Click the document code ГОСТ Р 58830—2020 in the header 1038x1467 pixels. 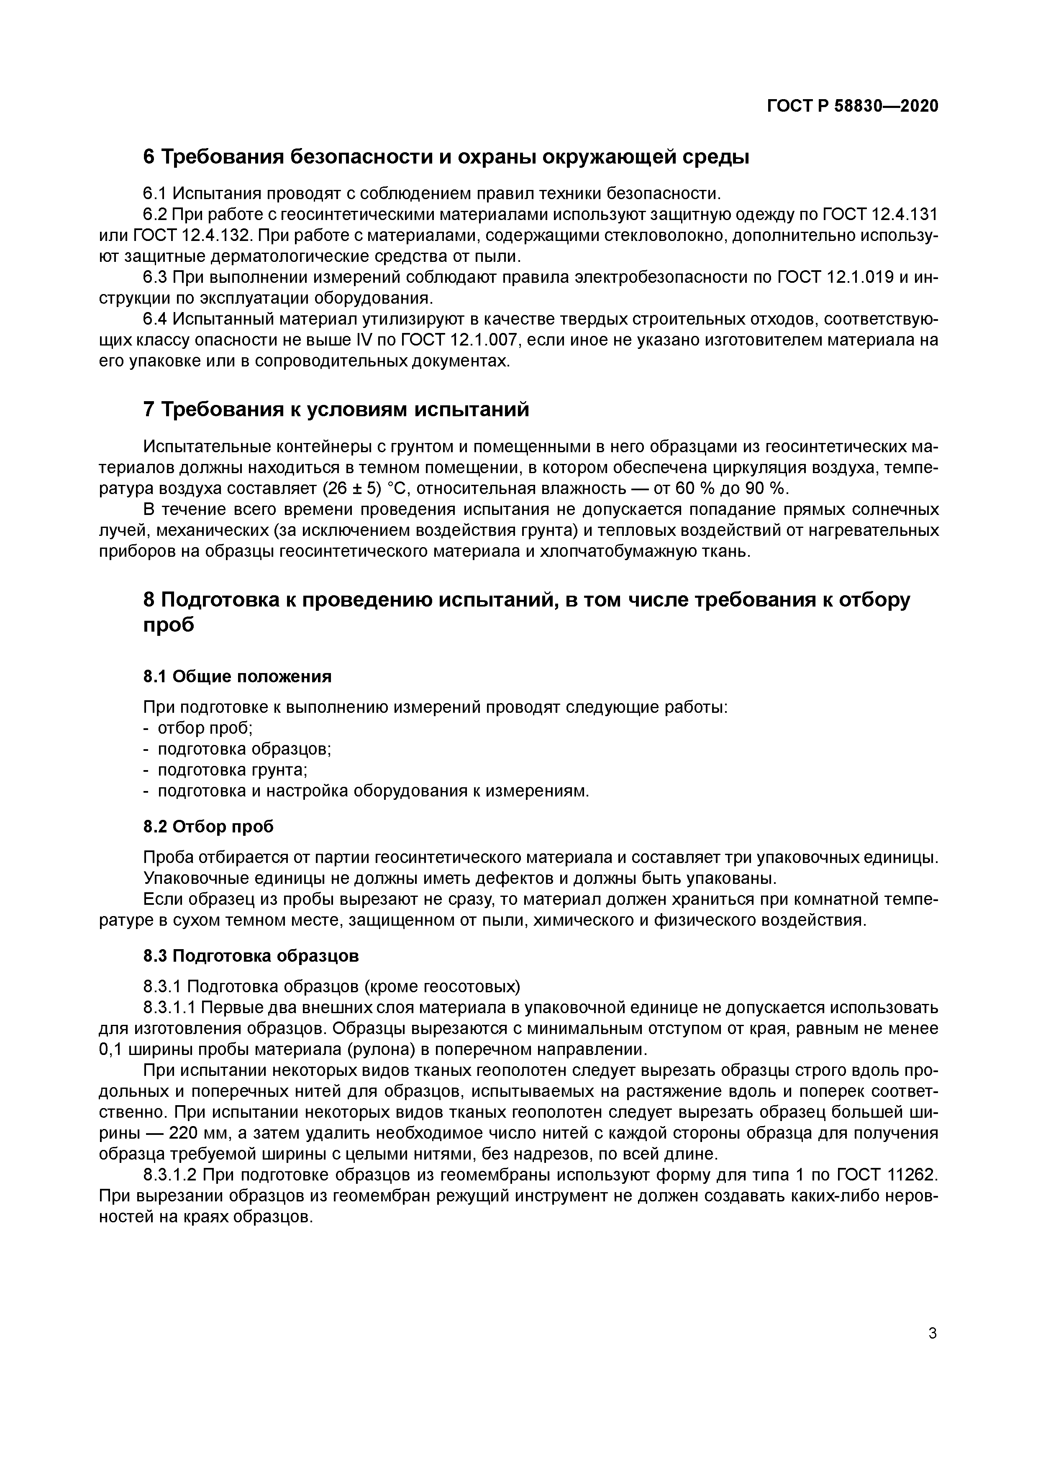[852, 107]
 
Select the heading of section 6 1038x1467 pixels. [446, 156]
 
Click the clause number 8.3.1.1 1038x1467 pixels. [171, 1008]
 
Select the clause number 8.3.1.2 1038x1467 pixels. [171, 1175]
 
